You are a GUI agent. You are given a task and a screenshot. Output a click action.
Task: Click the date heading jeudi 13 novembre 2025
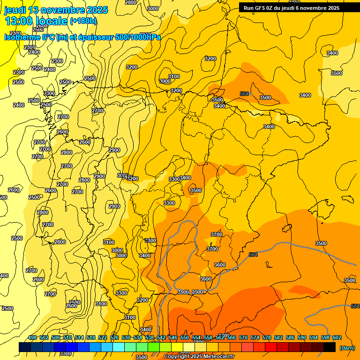coord(56,10)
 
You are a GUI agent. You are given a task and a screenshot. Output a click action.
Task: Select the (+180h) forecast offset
coord(83,21)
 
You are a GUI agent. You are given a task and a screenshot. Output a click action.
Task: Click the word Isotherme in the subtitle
coord(22,37)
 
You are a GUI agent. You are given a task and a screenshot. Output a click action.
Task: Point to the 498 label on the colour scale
coord(32,337)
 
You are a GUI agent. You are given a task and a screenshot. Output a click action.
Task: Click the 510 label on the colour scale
coord(67,337)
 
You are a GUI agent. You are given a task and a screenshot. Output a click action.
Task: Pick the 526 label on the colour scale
coord(114,337)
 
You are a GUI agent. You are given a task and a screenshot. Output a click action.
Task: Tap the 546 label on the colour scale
coord(173,337)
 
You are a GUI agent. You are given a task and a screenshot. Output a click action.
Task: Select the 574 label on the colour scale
coord(255,337)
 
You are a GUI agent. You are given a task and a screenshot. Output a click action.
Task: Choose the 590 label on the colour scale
coord(302,337)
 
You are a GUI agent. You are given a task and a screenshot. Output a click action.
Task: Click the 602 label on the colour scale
coord(337,337)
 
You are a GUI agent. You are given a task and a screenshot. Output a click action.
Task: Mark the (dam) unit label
coord(347,348)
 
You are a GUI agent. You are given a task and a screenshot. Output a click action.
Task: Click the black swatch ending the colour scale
coord(330,347)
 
